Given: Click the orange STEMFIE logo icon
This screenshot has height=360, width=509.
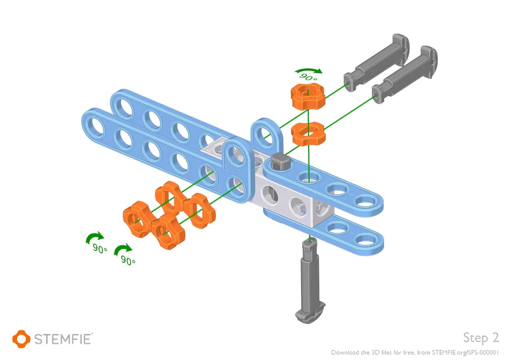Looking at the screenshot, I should (21, 338).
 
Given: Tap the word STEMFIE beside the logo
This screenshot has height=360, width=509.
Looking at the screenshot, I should (62, 339).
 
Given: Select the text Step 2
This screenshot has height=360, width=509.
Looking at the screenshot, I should (480, 338).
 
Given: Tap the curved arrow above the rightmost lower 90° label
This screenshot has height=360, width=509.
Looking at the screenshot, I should (123, 249).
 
